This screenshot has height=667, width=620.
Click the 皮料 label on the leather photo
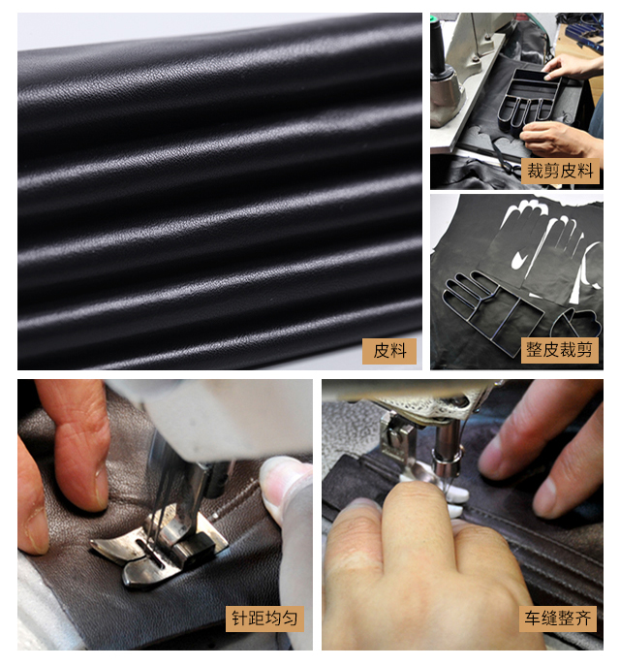point(388,351)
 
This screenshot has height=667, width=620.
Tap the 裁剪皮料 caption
point(560,171)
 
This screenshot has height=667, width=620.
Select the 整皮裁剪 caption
point(560,351)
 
